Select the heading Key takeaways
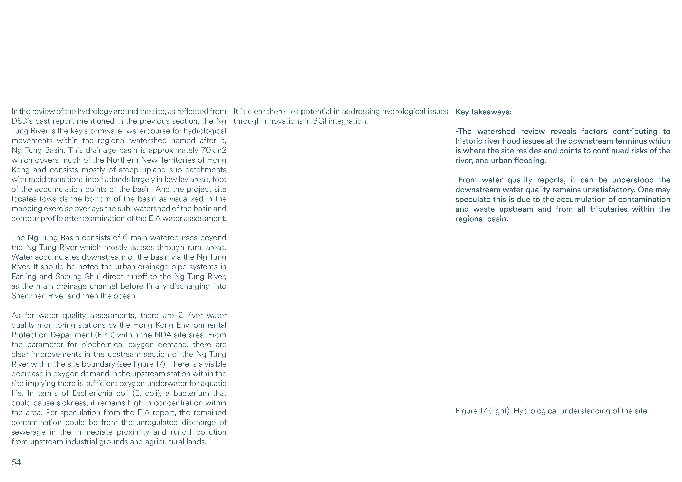pos(483,112)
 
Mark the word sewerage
pos(28,432)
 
